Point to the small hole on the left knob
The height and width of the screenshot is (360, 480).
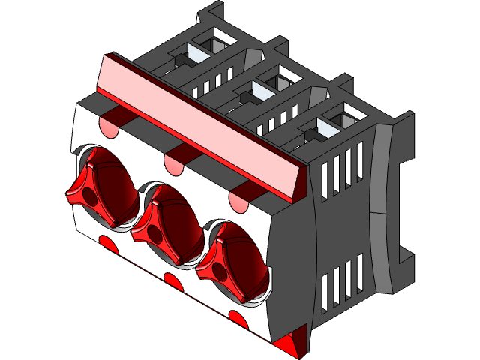tap(89, 196)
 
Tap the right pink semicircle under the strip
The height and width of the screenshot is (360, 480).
tap(239, 200)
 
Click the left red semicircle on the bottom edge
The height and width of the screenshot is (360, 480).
tap(106, 242)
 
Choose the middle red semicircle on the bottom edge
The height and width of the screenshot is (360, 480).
tap(172, 281)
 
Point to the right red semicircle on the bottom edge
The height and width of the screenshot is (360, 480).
tap(238, 320)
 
